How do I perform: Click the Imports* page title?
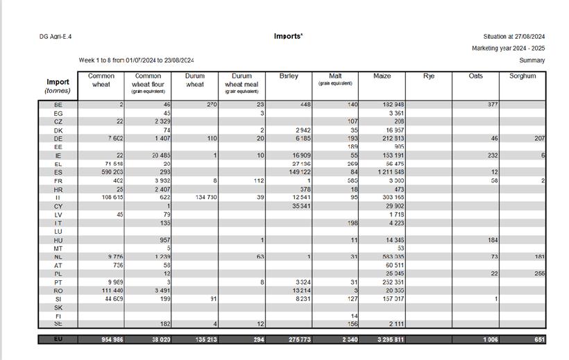click(x=288, y=36)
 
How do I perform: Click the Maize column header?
click(x=382, y=76)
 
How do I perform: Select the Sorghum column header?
click(x=523, y=76)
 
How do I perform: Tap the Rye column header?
click(x=429, y=76)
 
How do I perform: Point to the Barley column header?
click(x=289, y=76)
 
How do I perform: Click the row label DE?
click(x=58, y=139)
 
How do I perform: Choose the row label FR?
click(x=58, y=180)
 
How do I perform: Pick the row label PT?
click(x=58, y=282)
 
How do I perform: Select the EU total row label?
click(x=58, y=340)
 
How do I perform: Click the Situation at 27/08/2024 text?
click(x=513, y=37)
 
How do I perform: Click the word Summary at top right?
click(x=532, y=60)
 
